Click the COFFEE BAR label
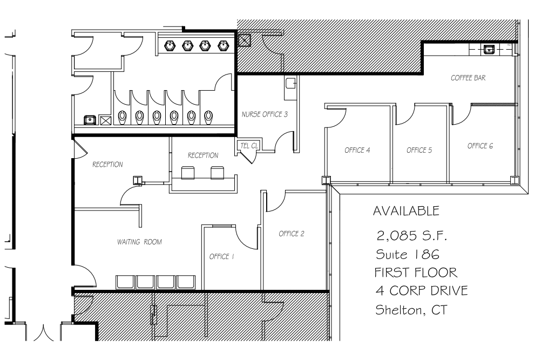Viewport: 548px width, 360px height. click(x=468, y=78)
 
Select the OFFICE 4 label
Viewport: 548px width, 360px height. click(x=357, y=150)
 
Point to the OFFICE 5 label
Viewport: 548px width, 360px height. click(x=419, y=150)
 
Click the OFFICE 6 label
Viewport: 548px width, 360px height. click(x=480, y=146)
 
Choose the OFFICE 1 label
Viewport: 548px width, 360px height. click(x=221, y=257)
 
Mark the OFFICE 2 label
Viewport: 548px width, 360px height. click(x=292, y=234)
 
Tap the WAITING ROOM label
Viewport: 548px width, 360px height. click(x=139, y=242)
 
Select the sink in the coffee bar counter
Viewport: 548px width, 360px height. click(x=489, y=50)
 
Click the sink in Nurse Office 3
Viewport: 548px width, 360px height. click(x=290, y=83)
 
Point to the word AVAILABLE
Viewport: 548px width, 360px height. click(x=406, y=210)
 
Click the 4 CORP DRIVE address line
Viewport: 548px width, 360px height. click(x=421, y=291)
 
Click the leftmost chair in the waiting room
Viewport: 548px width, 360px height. click(x=125, y=282)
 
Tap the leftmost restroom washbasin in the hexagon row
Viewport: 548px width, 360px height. click(x=169, y=46)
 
